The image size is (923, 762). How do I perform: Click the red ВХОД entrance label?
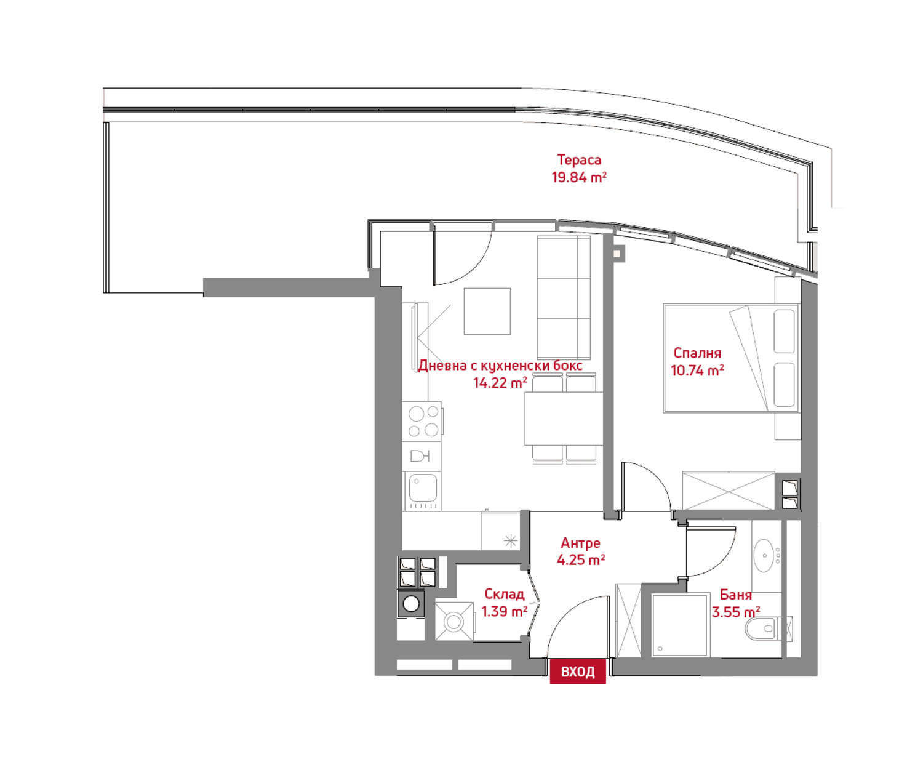click(x=577, y=672)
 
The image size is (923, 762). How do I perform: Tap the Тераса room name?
click(x=578, y=159)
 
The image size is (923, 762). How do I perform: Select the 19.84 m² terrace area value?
click(x=578, y=177)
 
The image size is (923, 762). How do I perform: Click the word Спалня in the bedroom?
click(x=697, y=353)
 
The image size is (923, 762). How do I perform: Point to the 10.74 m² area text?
click(x=697, y=370)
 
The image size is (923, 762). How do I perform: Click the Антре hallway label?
click(x=580, y=543)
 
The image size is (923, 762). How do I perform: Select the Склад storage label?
click(x=505, y=594)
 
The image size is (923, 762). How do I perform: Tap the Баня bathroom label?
click(x=735, y=595)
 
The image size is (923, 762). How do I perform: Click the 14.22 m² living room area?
click(x=500, y=383)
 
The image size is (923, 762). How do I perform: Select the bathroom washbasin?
click(x=765, y=555)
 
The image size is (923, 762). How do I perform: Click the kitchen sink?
click(x=423, y=491)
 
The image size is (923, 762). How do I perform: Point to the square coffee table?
click(x=487, y=311)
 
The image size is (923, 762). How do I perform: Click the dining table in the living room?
click(x=564, y=419)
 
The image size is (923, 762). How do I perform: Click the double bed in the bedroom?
click(x=731, y=358)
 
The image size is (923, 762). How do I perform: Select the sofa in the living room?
click(x=564, y=297)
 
